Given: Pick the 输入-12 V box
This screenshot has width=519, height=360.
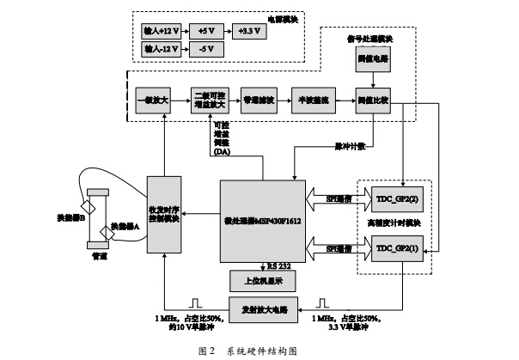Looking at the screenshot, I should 161,49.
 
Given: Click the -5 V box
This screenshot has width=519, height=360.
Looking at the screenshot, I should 207,49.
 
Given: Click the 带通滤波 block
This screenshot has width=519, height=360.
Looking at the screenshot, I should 259,101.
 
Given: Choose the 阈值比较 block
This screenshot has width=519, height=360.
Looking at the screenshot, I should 373,101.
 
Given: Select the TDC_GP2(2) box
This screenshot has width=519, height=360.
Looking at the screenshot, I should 395,198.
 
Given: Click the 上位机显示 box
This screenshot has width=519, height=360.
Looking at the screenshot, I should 262,280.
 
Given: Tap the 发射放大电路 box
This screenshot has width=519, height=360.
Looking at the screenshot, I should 263,307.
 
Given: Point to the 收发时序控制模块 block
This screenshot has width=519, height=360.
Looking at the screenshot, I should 163,215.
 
